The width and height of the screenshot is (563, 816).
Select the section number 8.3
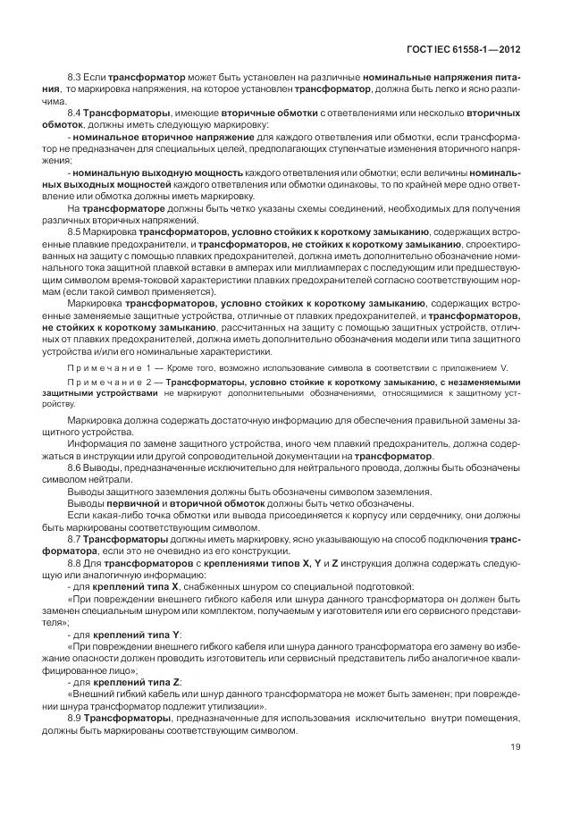[76, 80]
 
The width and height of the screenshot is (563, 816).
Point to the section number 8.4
[76, 114]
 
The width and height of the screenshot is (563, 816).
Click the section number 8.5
[76, 231]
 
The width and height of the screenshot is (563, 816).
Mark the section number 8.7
[76, 538]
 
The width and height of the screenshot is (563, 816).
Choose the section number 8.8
[76, 561]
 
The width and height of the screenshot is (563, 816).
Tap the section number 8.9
[76, 718]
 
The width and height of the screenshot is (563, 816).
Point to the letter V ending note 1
[506, 368]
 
